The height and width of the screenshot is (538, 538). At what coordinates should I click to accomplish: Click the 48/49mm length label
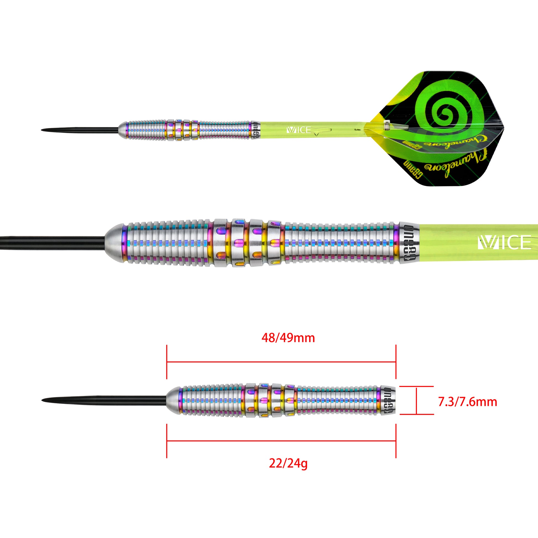point(288,338)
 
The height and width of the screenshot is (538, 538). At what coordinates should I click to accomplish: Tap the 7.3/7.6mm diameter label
point(468,402)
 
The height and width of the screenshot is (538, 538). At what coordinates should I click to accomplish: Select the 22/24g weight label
point(288,463)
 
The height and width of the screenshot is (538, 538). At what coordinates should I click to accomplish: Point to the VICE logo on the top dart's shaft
point(299,130)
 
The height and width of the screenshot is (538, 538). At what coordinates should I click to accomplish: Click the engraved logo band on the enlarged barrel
point(409,242)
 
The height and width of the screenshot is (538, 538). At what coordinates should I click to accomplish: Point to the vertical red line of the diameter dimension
point(416,401)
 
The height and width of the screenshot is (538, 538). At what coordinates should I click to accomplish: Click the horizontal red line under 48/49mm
point(281,362)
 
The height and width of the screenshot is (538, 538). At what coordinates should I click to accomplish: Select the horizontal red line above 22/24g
point(281,441)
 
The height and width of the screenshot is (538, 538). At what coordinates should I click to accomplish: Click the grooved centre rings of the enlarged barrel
point(248,242)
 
